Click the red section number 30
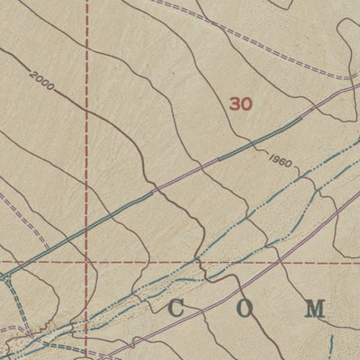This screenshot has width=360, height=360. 240,104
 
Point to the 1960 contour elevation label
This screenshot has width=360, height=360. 280,162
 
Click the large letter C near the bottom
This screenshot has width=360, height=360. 176,310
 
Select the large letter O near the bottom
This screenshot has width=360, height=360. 242,310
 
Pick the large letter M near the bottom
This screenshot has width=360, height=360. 314,310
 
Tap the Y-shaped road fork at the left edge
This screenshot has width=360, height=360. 7,280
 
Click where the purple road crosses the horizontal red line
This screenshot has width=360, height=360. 279,264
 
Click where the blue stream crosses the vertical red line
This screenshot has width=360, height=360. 87,327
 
